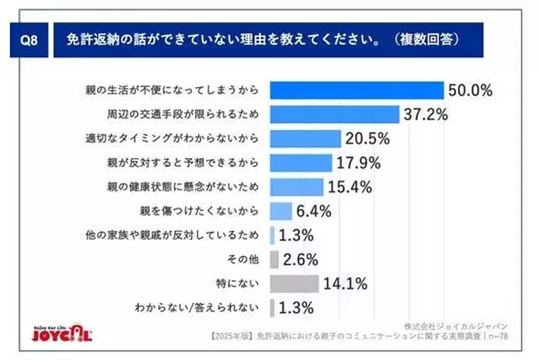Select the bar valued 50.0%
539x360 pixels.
[x=356, y=90]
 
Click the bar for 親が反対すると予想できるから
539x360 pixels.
[x=301, y=163]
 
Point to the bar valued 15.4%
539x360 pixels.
[x=297, y=186]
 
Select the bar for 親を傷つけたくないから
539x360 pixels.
[x=280, y=210]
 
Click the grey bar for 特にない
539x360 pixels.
[x=294, y=283]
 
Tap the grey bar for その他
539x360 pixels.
[x=274, y=259]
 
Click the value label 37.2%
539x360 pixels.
[x=426, y=115]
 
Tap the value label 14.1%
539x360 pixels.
[x=345, y=283]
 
